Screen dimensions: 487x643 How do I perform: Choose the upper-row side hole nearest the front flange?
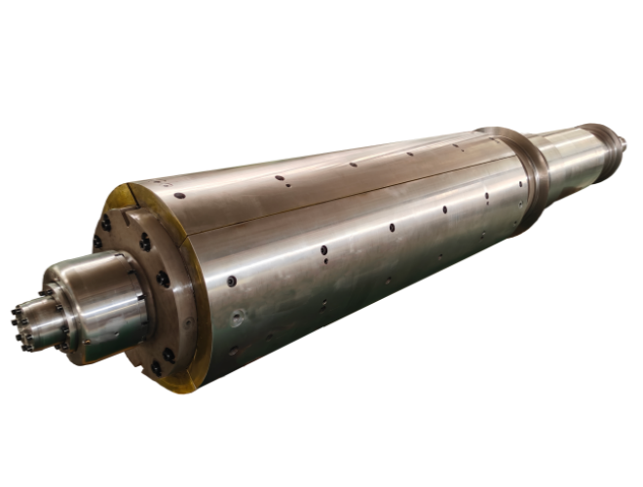click(x=231, y=281)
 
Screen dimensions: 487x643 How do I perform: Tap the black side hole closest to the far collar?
click(x=486, y=196)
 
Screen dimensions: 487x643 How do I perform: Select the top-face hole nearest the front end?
click(x=280, y=179)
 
